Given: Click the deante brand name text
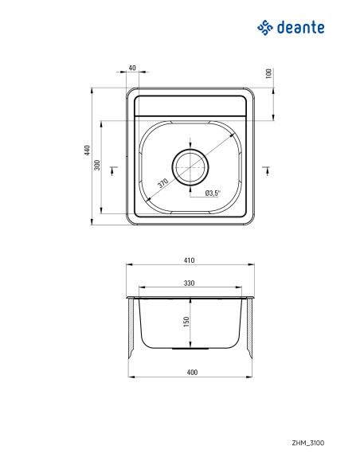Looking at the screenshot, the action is (x=301, y=28).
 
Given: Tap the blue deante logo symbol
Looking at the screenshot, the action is (x=264, y=28).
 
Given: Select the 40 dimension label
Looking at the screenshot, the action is (x=132, y=68).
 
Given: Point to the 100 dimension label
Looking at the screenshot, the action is (x=268, y=73).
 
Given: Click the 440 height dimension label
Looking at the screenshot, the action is (x=87, y=150).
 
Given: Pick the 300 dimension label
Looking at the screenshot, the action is (x=97, y=165).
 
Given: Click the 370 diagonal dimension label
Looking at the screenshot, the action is (x=162, y=183).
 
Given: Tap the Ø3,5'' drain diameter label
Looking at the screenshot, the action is (x=213, y=193).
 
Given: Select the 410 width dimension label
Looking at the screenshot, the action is (x=190, y=260).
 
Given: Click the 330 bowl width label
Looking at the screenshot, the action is (x=190, y=283).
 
